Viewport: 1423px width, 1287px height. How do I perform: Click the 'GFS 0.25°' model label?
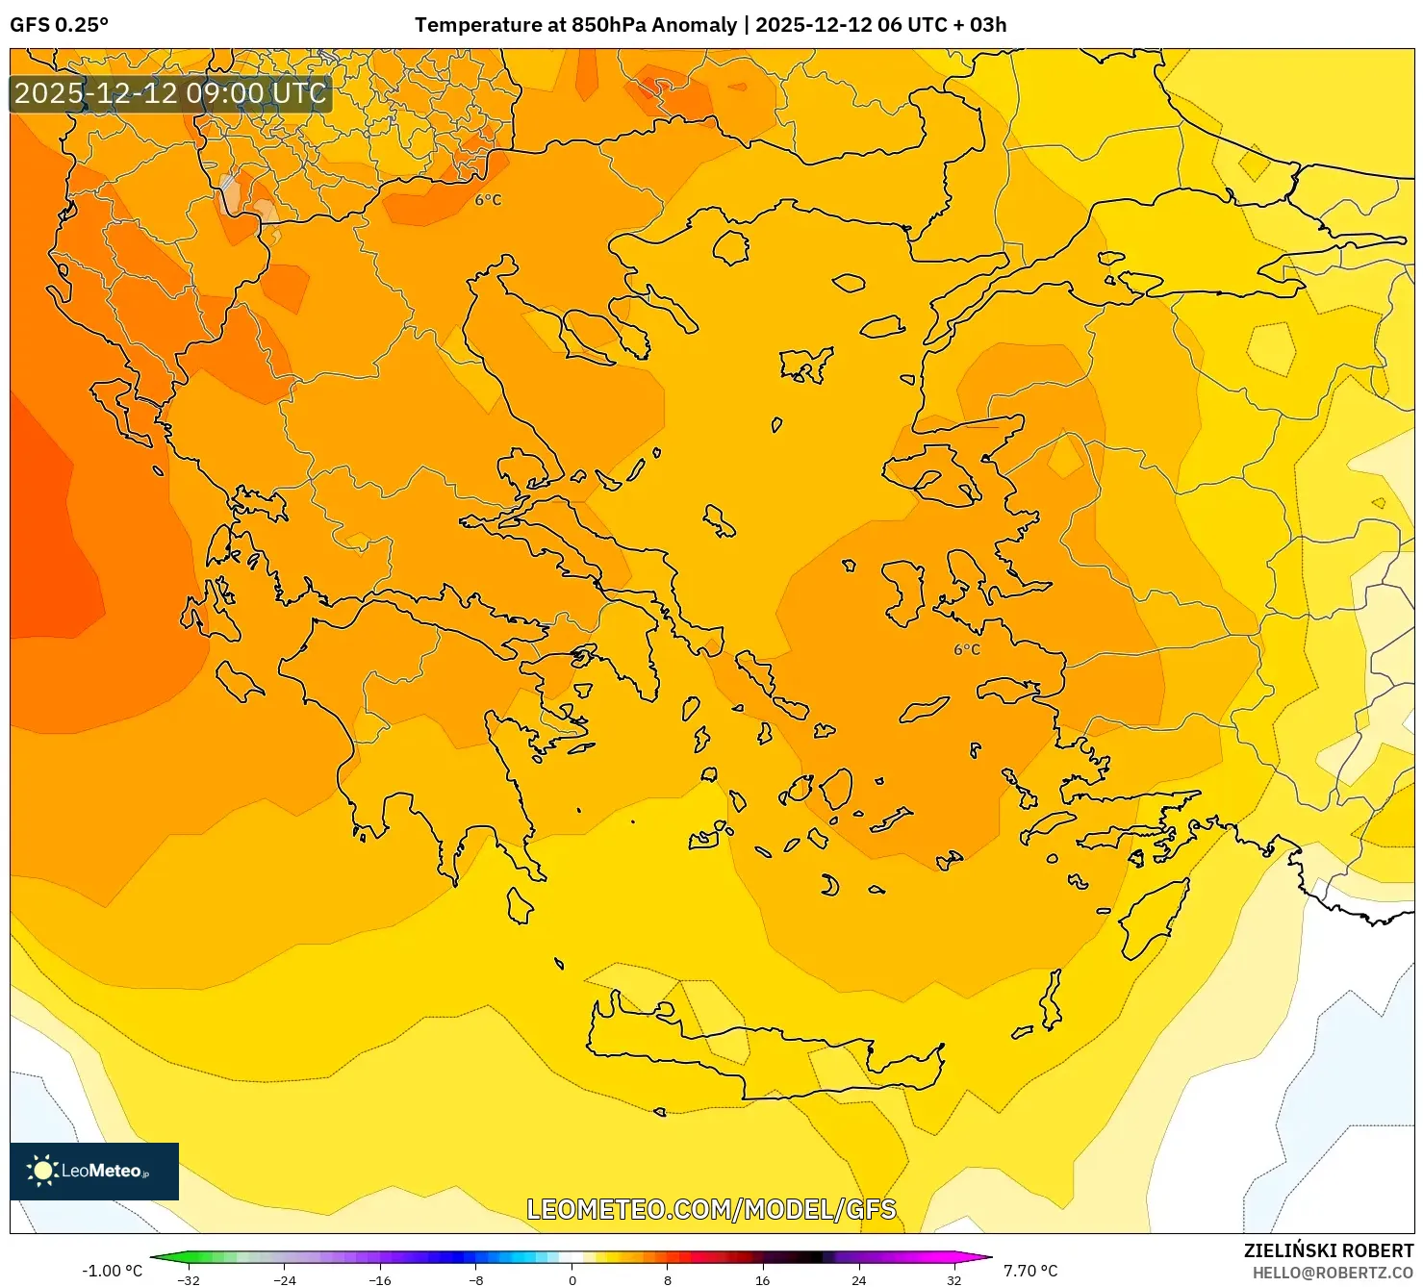click(59, 25)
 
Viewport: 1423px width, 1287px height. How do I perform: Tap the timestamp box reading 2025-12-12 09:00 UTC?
click(170, 93)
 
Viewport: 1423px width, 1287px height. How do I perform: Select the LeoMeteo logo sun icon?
click(42, 1171)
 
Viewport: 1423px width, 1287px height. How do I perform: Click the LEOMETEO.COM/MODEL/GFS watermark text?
click(711, 1209)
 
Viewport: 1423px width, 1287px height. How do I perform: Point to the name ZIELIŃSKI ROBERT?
click(1328, 1251)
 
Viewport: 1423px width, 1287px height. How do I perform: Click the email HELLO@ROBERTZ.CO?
click(1333, 1273)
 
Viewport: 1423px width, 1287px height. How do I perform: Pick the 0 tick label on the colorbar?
click(572, 1280)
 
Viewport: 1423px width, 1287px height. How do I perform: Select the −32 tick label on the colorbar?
click(189, 1280)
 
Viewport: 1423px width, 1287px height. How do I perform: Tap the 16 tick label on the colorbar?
click(762, 1280)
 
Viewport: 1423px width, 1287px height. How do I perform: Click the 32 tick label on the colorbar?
click(953, 1280)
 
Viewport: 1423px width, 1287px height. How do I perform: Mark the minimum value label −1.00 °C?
click(112, 1271)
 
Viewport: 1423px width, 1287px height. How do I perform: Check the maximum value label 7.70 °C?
click(1030, 1271)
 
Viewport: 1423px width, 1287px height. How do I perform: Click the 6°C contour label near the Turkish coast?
click(967, 649)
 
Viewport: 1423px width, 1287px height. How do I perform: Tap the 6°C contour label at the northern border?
click(488, 200)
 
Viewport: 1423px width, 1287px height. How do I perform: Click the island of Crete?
click(760, 1053)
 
